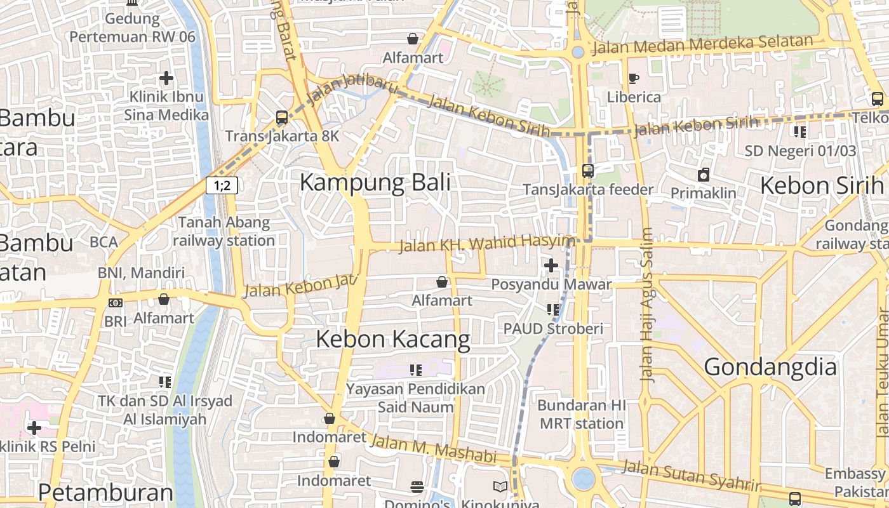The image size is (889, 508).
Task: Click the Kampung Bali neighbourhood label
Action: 375,183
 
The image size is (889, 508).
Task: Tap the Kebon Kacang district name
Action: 392,340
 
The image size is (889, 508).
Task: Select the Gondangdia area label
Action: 770,368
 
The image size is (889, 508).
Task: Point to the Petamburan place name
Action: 105,493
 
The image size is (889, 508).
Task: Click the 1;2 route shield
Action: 222,185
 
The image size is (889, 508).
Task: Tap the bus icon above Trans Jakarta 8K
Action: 282,117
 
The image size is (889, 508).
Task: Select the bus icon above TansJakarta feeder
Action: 588,171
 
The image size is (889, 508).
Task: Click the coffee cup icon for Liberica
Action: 633,78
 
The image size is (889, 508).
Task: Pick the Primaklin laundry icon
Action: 704,175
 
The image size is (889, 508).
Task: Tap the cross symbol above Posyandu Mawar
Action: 551,265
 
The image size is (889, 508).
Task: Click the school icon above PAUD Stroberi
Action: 552,310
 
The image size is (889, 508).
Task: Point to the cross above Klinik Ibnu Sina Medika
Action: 166,78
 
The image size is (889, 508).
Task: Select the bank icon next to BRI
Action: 116,303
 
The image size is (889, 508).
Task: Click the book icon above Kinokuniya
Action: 500,487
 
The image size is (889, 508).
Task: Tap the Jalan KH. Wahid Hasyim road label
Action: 486,243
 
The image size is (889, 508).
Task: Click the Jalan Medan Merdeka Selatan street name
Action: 702,45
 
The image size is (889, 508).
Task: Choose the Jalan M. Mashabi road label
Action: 432,448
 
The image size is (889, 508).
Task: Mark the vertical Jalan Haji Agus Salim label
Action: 646,305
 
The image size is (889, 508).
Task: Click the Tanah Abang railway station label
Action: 224,232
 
